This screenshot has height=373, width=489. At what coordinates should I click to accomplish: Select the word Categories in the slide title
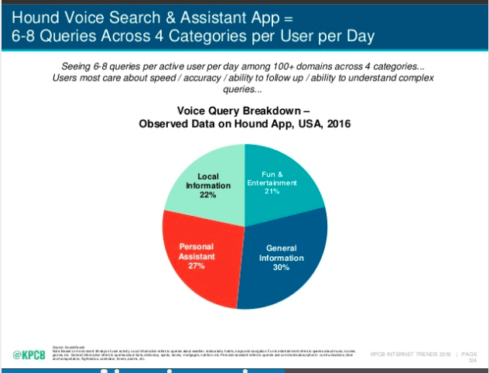[183, 36]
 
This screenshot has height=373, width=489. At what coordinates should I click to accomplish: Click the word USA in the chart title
[303, 124]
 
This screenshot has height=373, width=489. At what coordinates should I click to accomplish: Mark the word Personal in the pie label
[196, 245]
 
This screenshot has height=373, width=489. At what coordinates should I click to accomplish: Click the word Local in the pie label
[208, 176]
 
